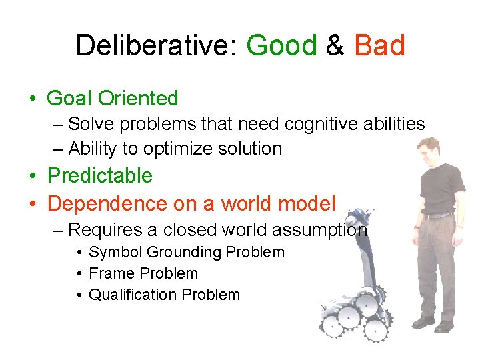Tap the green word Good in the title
(x=281, y=46)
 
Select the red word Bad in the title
(x=380, y=46)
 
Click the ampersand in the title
(x=335, y=46)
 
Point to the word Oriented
(x=138, y=99)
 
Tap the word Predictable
(x=100, y=176)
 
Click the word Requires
(x=105, y=231)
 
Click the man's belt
(x=439, y=215)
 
